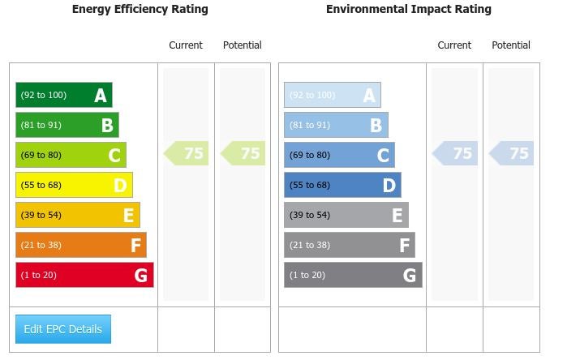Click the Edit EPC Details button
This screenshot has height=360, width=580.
(x=63, y=329)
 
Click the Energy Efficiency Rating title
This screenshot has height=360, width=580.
(x=140, y=10)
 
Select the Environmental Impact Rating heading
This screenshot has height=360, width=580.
(x=408, y=10)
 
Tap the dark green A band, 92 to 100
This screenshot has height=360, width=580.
(x=64, y=95)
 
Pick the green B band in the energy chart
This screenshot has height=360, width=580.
(x=67, y=125)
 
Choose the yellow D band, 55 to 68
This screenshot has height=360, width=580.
(x=74, y=185)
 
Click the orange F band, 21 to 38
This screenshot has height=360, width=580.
(x=81, y=245)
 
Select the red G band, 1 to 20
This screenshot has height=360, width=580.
(x=84, y=275)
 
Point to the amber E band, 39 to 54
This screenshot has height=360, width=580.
(x=78, y=215)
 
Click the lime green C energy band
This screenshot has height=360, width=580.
(x=71, y=155)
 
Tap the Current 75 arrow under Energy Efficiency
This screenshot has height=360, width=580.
(x=187, y=153)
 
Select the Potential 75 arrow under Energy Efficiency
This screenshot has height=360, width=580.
(x=243, y=153)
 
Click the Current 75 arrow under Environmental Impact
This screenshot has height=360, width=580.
(x=455, y=153)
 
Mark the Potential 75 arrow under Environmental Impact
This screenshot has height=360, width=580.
(x=512, y=153)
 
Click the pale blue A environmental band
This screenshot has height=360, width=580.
(x=333, y=95)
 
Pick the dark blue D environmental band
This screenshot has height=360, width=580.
(x=342, y=185)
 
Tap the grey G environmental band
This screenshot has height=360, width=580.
(x=353, y=275)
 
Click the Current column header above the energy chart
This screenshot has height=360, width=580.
(x=186, y=45)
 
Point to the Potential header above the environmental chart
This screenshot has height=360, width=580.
(x=511, y=45)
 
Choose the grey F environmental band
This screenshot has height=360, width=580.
(x=350, y=245)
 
